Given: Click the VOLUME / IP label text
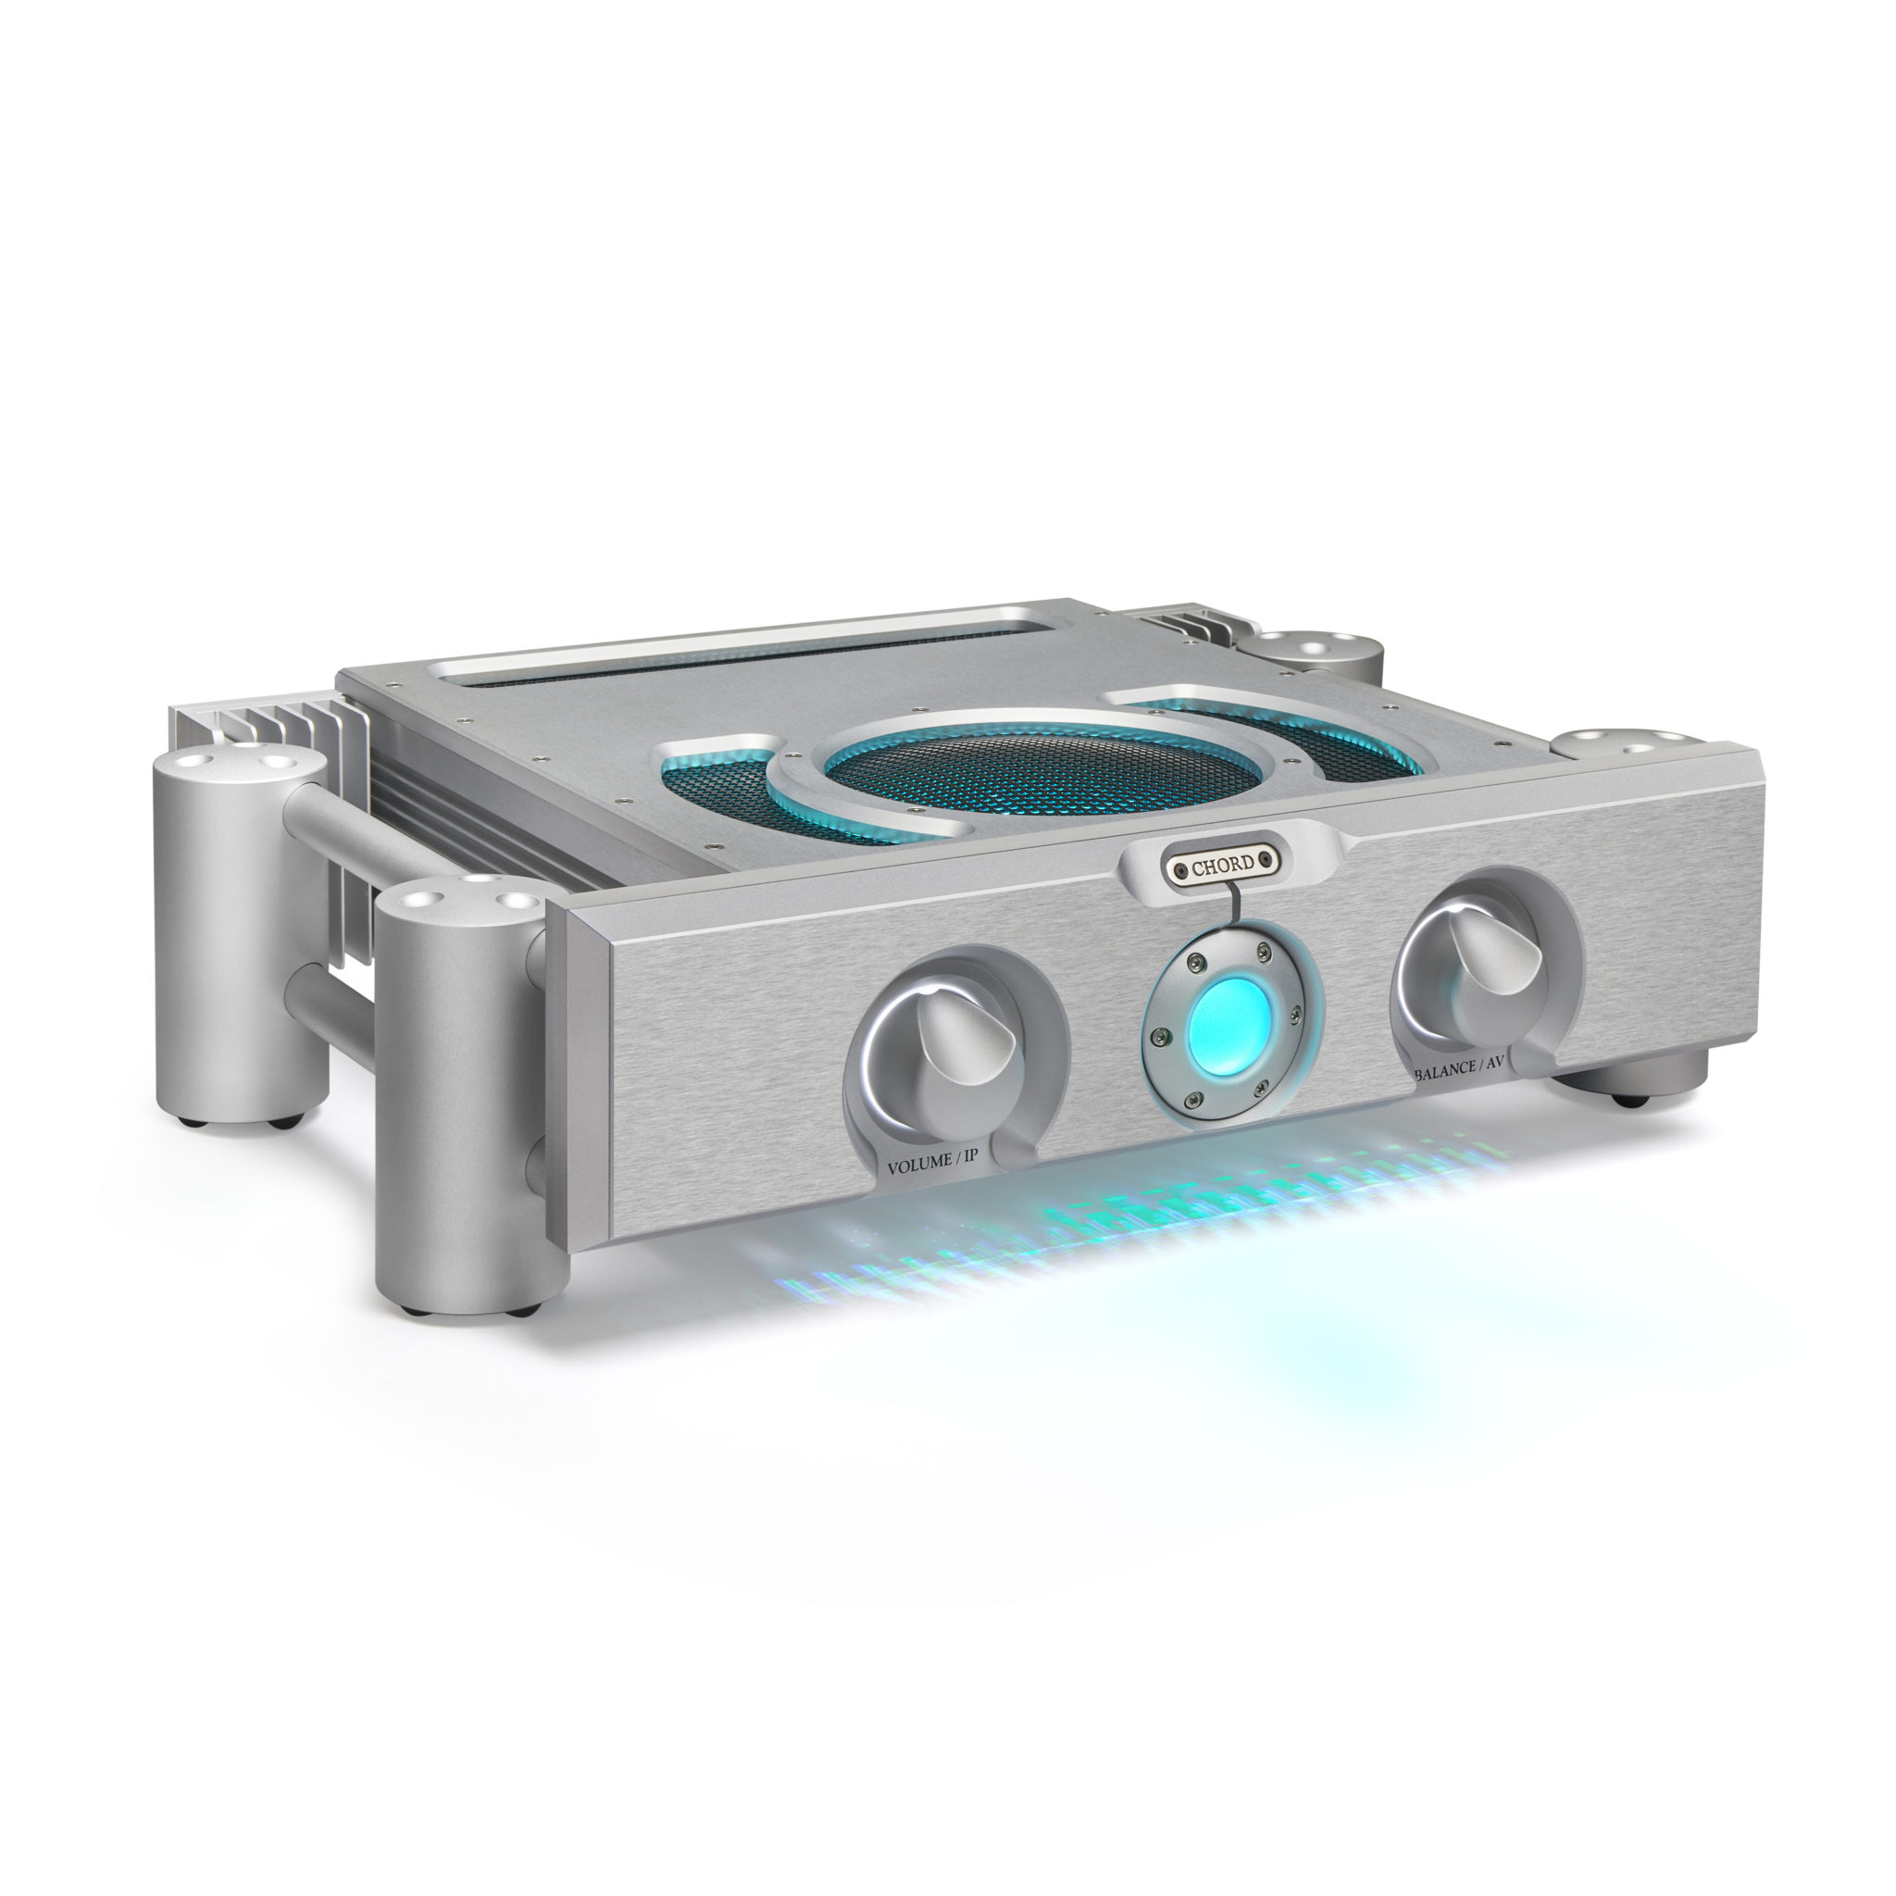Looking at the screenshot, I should point(932,1166).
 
